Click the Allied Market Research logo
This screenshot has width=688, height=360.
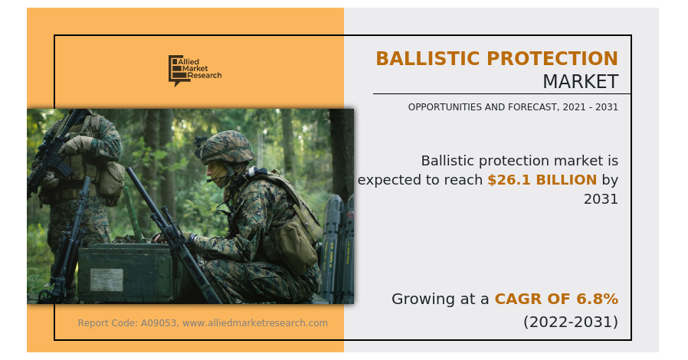click(x=195, y=70)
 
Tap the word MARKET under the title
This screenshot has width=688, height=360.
click(x=581, y=82)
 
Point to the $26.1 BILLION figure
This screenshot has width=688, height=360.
click(x=542, y=180)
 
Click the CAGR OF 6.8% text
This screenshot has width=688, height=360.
click(x=556, y=299)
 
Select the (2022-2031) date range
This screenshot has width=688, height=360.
click(x=571, y=322)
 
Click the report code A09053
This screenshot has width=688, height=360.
click(x=159, y=323)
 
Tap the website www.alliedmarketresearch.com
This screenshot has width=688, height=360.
click(x=255, y=323)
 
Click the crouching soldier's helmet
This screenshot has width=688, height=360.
click(x=225, y=147)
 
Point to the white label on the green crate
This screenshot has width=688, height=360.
click(x=106, y=280)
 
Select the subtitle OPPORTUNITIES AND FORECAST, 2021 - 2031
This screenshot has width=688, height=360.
click(x=513, y=107)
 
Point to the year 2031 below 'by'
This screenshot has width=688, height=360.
click(x=601, y=199)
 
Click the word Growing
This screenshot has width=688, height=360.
click(x=422, y=299)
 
